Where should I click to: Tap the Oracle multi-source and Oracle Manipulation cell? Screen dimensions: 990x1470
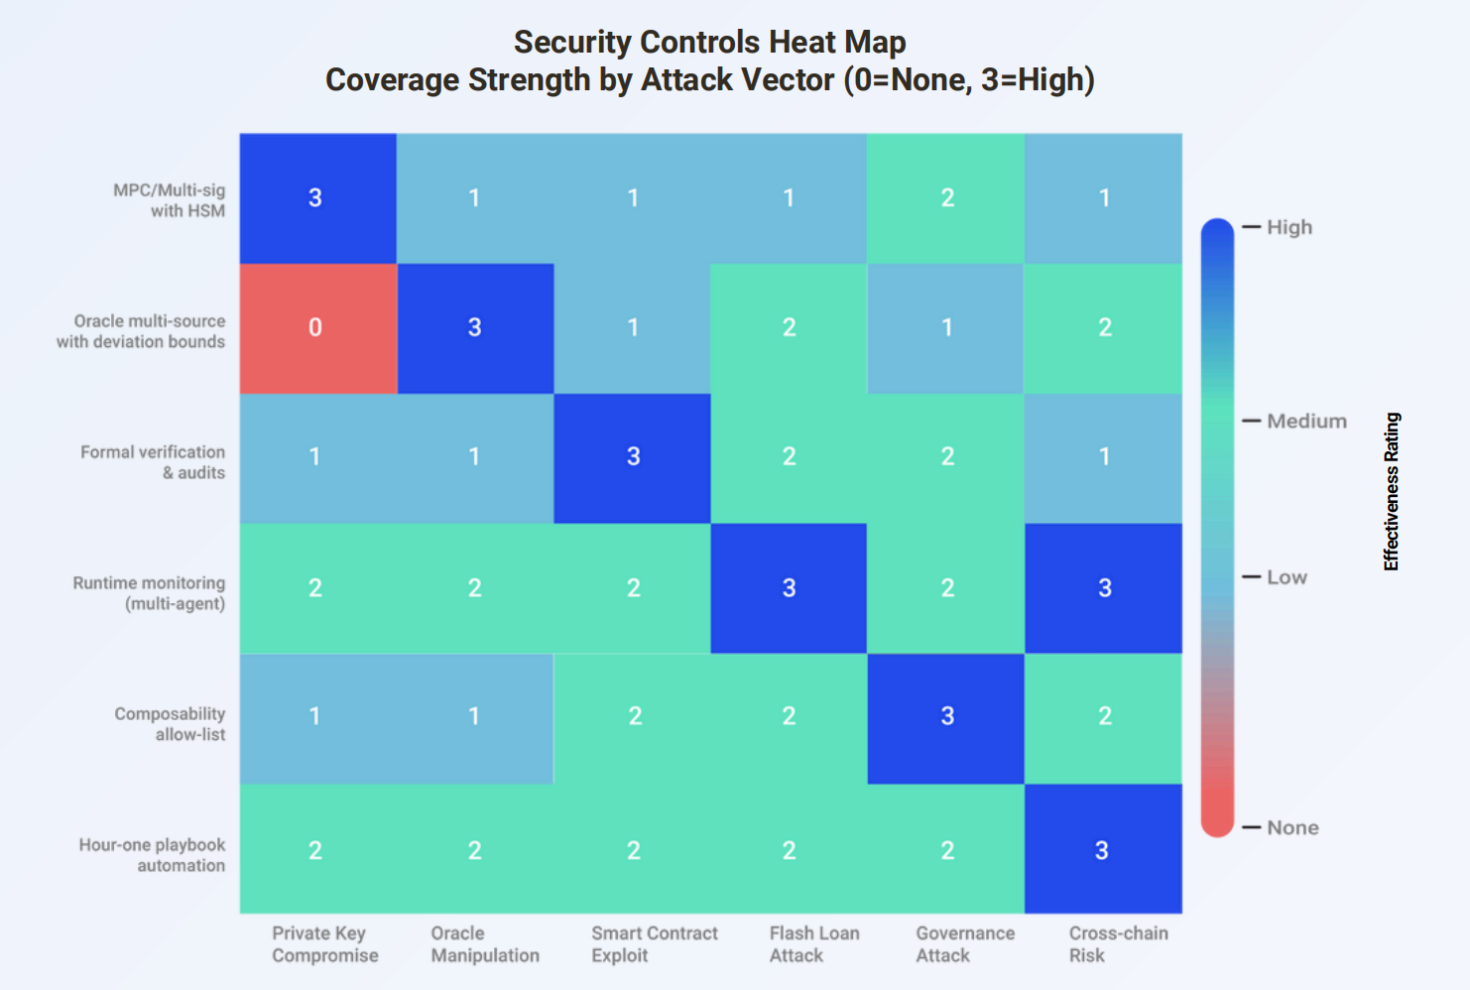click(x=475, y=327)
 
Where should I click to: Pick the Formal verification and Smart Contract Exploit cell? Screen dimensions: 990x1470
click(x=632, y=457)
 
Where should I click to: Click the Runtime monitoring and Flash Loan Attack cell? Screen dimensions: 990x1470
click(x=789, y=588)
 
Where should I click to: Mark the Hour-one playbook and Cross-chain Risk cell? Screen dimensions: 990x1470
click(x=1103, y=849)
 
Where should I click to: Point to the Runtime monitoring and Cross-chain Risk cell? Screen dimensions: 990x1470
click(x=1103, y=588)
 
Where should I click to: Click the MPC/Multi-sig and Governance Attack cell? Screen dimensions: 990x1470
click(x=946, y=197)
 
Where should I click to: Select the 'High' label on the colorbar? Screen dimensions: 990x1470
click(x=1289, y=227)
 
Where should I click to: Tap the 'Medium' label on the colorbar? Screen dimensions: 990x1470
click(x=1306, y=422)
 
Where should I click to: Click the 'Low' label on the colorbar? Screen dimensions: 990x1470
click(x=1286, y=577)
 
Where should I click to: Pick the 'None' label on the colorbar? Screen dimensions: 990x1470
click(x=1292, y=827)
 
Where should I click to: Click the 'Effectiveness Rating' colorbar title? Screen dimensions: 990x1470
click(x=1392, y=492)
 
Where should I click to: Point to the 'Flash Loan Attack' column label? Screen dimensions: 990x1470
click(x=813, y=944)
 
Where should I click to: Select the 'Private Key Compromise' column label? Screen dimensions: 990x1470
click(x=324, y=944)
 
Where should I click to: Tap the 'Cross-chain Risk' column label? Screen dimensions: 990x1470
click(x=1118, y=944)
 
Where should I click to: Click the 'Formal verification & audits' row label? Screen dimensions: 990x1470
click(x=153, y=462)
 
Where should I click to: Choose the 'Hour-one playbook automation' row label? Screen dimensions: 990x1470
click(x=153, y=855)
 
